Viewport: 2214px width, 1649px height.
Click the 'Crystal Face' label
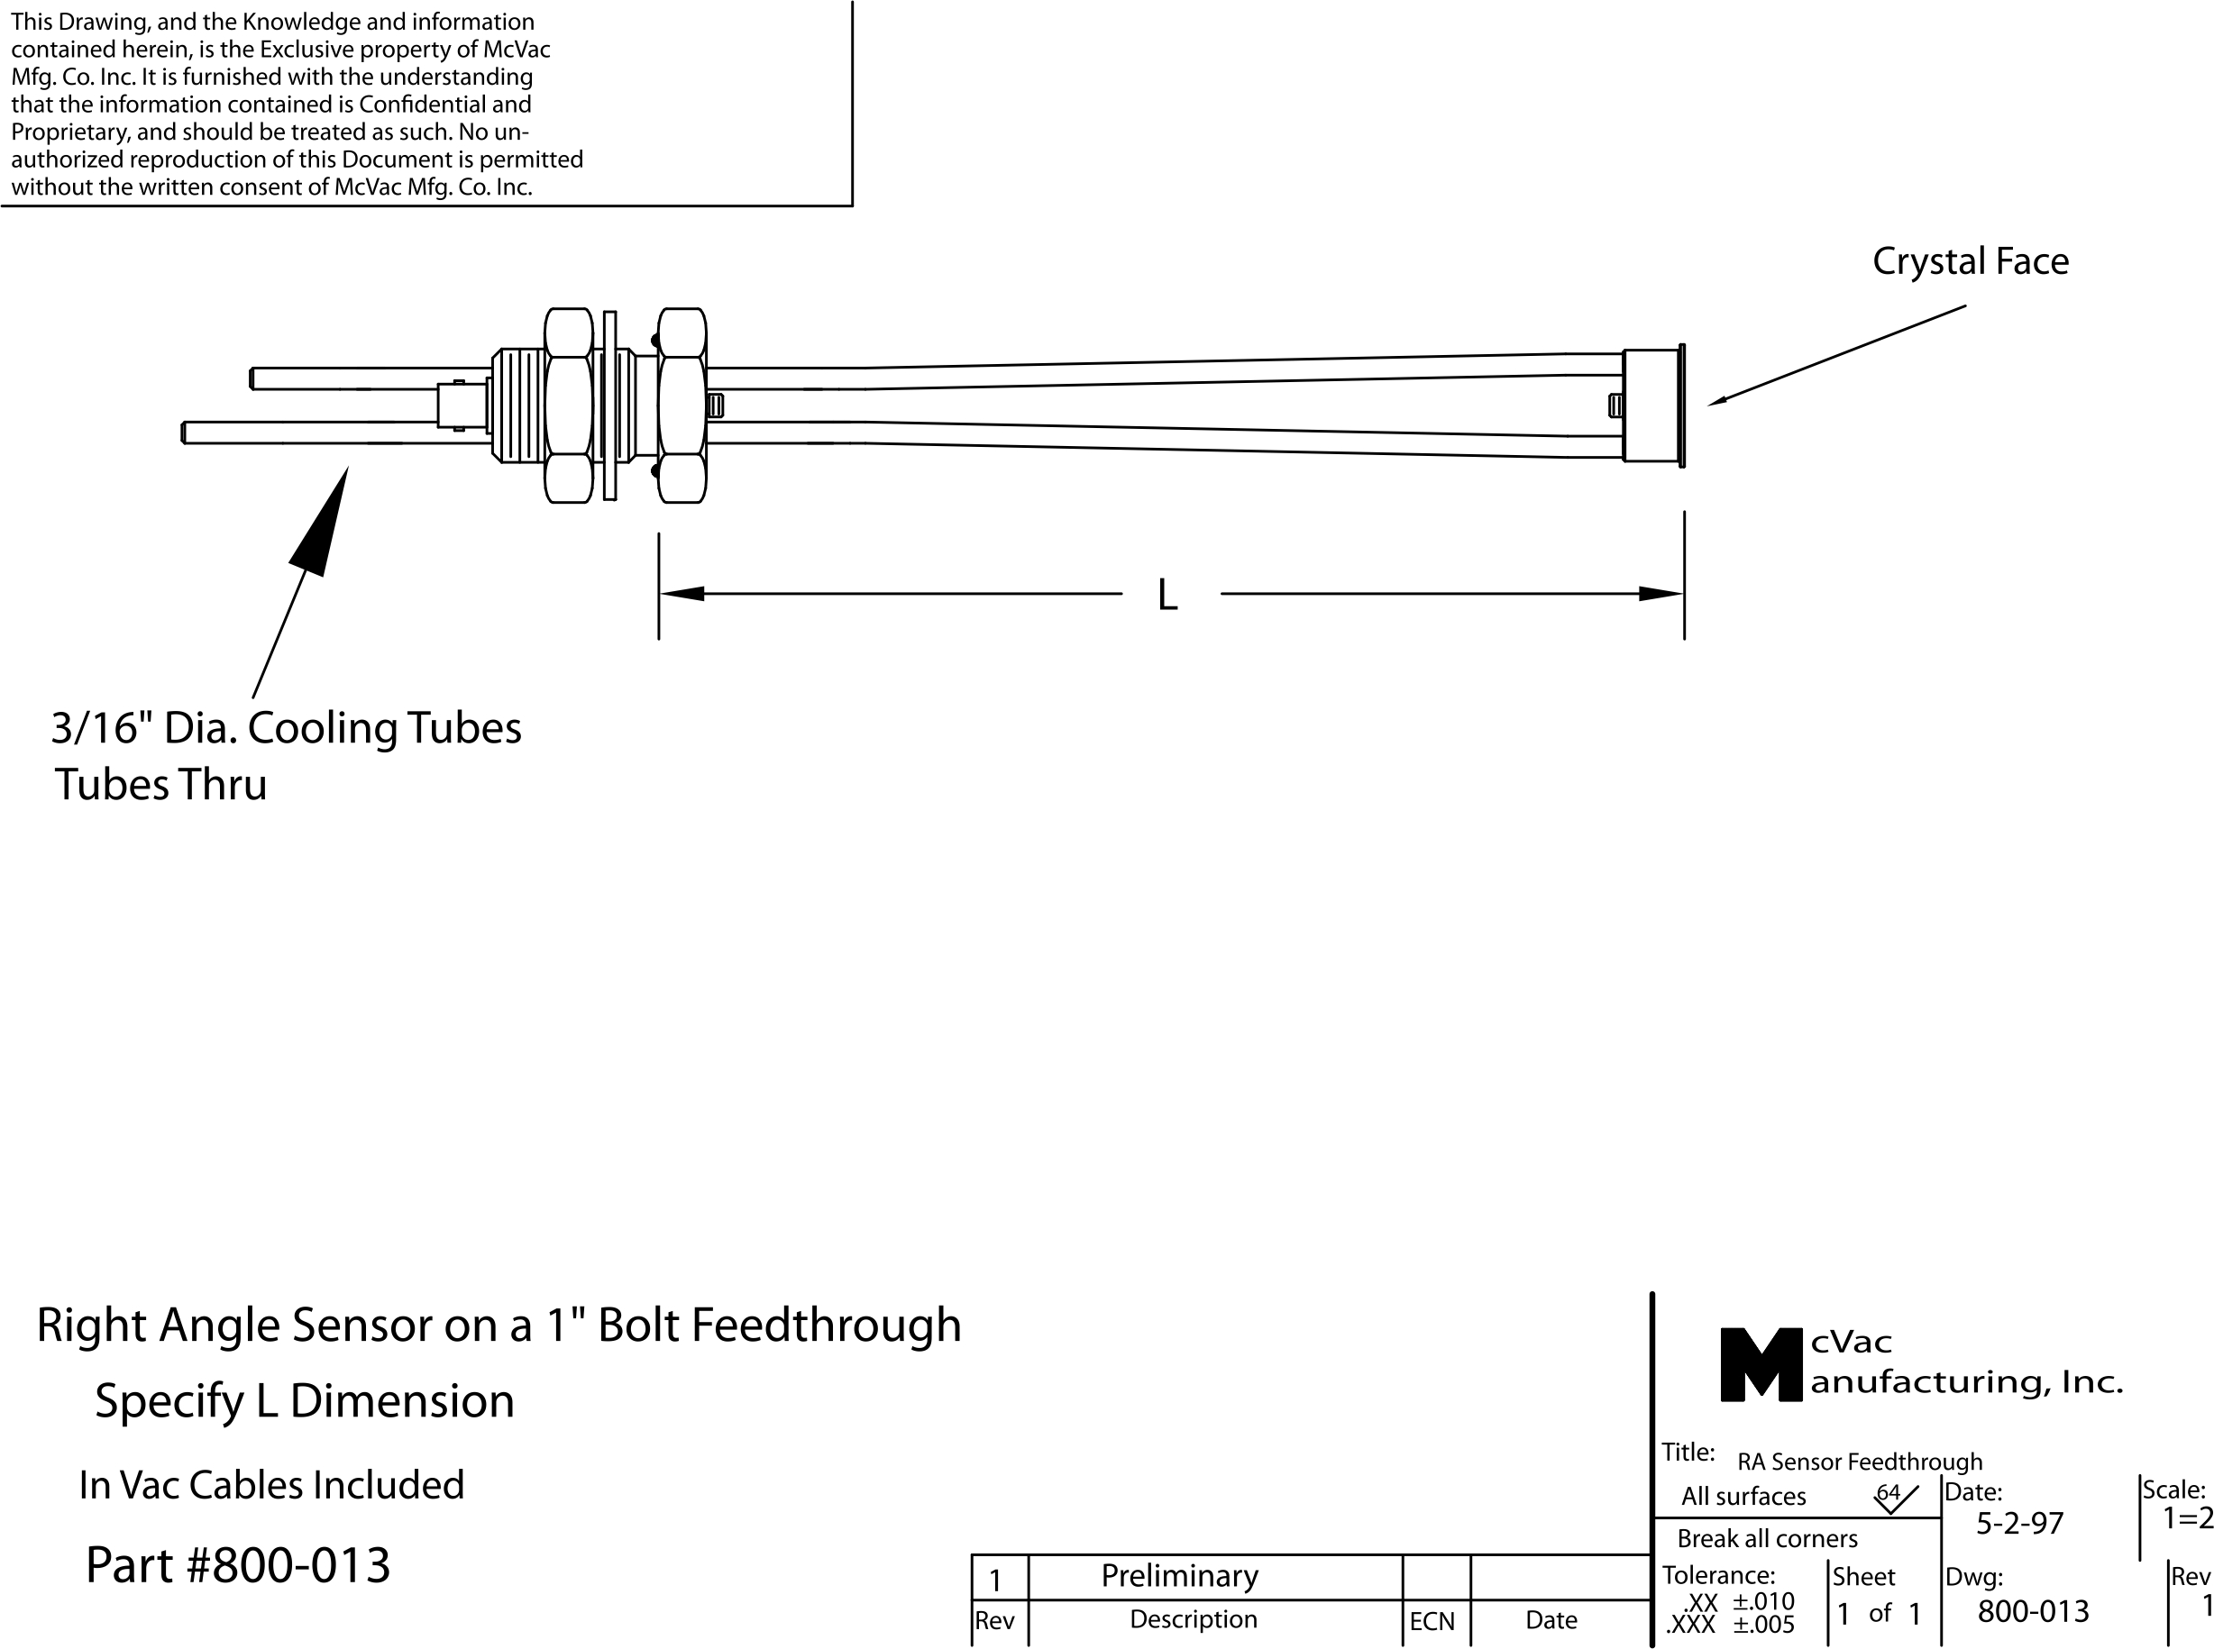pos(1970,261)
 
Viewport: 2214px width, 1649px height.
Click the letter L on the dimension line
pos(1166,595)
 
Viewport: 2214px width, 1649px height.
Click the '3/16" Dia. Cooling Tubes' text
pos(287,729)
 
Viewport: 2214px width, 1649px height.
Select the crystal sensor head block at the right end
pos(1651,405)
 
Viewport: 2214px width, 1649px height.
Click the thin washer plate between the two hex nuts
pos(610,405)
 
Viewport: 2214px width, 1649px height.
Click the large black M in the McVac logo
pos(1761,1364)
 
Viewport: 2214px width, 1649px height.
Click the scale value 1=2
pos(2187,1519)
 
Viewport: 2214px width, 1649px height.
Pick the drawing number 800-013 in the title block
pos(2033,1611)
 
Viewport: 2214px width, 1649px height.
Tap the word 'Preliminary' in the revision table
pos(1179,1576)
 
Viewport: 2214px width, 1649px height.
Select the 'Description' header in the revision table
pos(1193,1619)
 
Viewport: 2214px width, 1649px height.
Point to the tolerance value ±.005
pos(1763,1625)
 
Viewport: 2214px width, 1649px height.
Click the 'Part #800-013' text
pos(238,1565)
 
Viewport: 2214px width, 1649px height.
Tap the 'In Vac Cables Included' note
pos(271,1485)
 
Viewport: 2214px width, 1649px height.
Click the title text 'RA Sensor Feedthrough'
pos(1860,1462)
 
